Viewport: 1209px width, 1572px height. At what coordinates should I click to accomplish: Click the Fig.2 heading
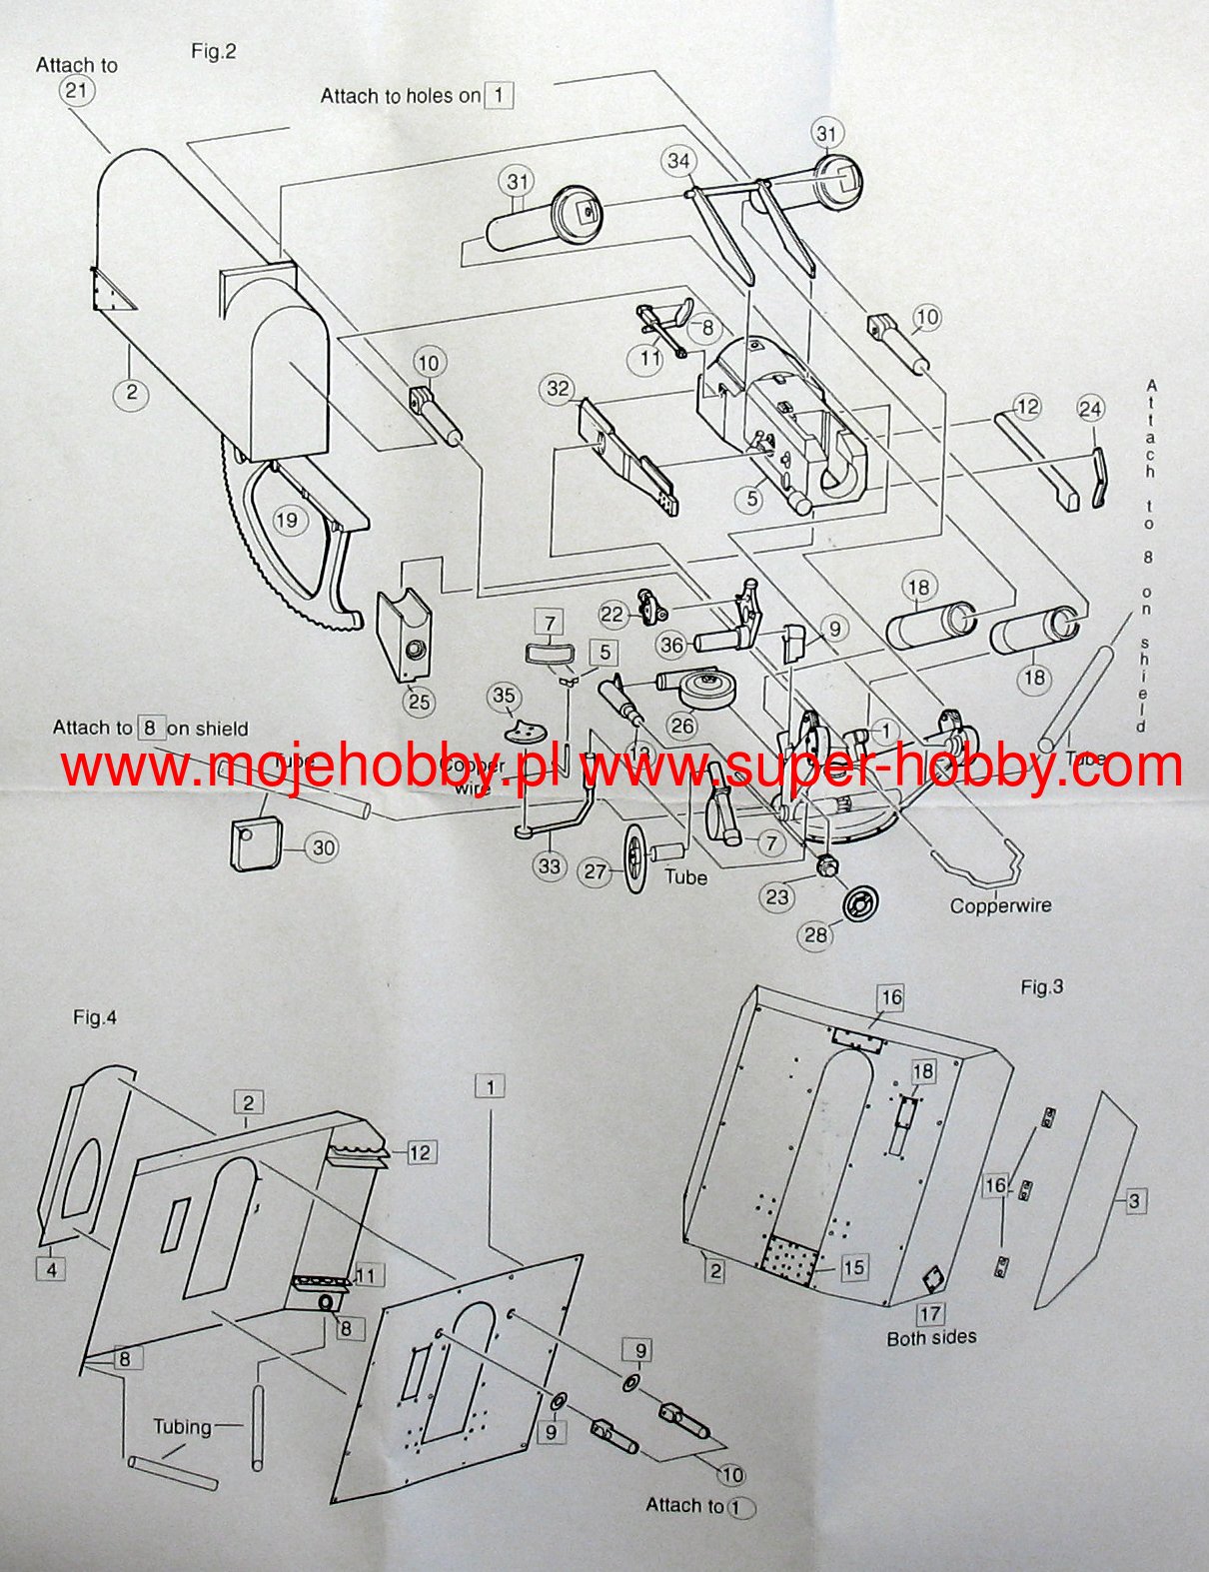[213, 52]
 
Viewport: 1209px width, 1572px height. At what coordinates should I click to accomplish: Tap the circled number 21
[76, 91]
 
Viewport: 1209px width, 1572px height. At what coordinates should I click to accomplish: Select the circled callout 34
[678, 161]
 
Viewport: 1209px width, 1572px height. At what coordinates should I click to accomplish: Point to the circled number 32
[558, 389]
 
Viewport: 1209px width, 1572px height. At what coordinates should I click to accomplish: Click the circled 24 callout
[1090, 409]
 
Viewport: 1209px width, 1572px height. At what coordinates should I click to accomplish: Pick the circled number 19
[287, 520]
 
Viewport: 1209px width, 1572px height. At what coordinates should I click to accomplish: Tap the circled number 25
[419, 701]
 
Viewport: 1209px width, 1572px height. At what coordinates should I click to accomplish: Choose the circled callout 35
[504, 697]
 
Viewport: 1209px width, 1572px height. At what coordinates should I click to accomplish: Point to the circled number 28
[816, 934]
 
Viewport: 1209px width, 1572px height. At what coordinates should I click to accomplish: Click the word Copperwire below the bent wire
[1000, 906]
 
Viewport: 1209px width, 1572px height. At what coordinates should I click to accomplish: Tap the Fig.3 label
[1041, 987]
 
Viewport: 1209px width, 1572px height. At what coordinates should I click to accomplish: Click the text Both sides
[931, 1337]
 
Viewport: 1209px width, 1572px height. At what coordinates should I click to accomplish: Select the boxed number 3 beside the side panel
[1134, 1200]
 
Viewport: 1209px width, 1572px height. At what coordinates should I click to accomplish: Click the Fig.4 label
[95, 1017]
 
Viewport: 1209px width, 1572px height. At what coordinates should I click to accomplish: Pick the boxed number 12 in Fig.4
[420, 1152]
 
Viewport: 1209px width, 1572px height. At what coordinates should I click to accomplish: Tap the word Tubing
[182, 1426]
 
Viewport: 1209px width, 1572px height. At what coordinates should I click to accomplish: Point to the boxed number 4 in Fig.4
[51, 1269]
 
